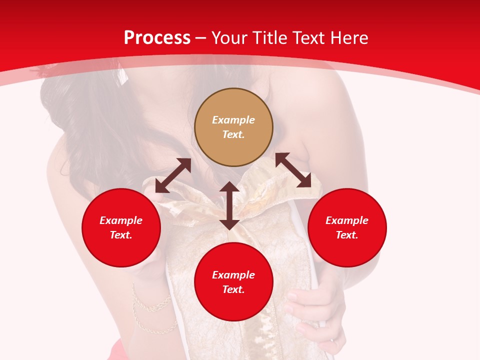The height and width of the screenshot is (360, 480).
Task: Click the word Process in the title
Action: click(157, 38)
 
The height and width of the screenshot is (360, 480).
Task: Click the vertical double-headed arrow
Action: click(229, 205)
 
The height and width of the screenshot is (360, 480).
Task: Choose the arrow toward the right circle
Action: click(293, 170)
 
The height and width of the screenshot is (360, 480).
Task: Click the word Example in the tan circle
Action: click(233, 120)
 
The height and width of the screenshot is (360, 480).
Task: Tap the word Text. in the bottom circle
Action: click(233, 289)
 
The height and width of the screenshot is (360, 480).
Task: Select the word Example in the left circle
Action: click(121, 220)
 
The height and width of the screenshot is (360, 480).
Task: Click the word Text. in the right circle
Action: click(347, 235)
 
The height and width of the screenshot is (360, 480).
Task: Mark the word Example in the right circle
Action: click(347, 220)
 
